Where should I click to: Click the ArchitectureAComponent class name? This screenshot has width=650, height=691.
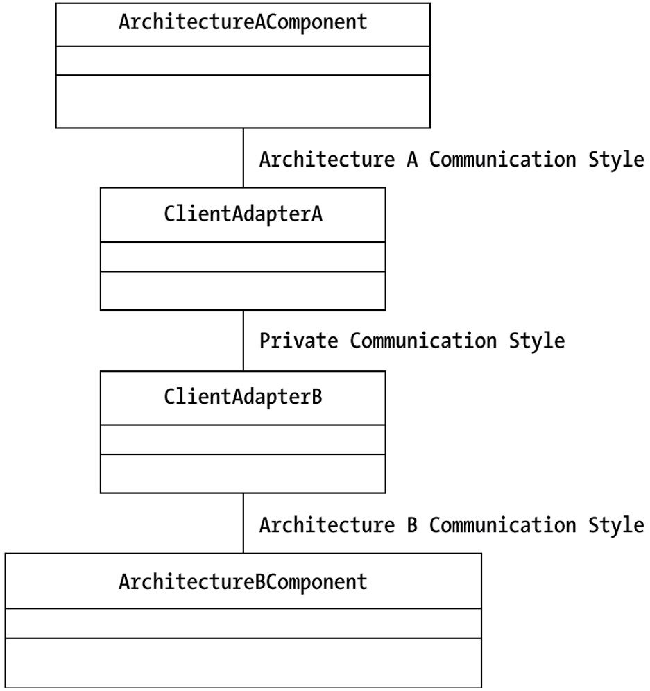pos(243,22)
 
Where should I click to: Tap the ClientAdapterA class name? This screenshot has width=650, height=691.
pos(243,214)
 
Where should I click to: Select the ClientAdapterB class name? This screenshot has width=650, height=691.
pos(243,397)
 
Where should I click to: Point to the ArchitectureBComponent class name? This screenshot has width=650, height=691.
pos(243,581)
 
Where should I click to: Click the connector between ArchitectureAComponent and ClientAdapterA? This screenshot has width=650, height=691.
pos(243,157)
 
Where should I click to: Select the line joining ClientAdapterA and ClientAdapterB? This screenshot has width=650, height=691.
pos(243,341)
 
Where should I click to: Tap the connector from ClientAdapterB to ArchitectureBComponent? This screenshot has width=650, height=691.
pos(243,523)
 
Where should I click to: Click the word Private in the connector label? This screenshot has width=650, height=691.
pos(298,341)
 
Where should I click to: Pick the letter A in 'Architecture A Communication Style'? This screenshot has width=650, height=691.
pos(412,159)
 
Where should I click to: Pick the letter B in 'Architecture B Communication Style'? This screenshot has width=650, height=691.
pos(412,525)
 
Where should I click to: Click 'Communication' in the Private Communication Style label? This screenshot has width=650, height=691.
pos(423,341)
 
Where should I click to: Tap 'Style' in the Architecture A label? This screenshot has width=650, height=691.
pos(616,160)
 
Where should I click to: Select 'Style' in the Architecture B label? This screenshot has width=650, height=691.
pos(616,525)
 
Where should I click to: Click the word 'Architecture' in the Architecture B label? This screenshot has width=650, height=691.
pos(327,525)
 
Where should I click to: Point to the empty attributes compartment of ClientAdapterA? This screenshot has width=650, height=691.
pos(243,257)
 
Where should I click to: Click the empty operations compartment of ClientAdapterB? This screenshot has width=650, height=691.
pos(243,473)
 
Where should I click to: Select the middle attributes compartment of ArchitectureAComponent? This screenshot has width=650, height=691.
pos(243,60)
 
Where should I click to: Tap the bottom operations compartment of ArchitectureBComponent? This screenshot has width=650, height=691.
pos(243,663)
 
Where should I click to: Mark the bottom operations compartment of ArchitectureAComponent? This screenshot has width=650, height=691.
pos(243,101)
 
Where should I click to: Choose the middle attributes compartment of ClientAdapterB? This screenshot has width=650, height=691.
pos(243,439)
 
